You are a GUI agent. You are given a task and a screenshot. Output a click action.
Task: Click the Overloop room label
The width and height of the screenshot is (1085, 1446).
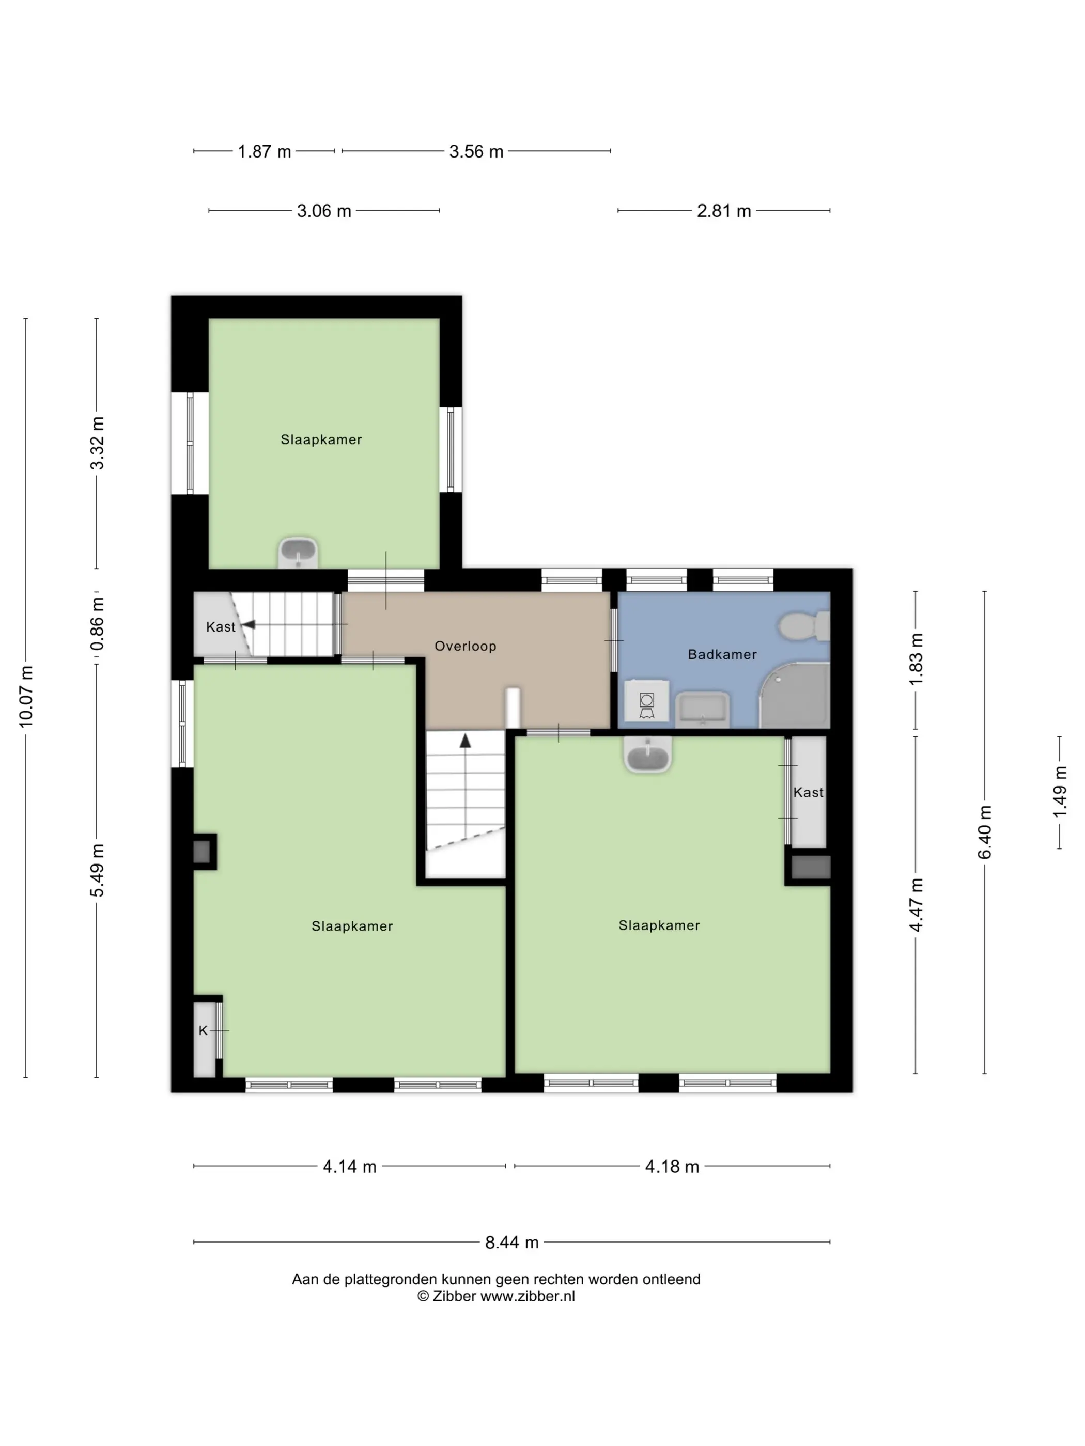coord(465,646)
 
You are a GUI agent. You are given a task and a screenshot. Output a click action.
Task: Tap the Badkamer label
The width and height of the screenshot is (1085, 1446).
coord(722,654)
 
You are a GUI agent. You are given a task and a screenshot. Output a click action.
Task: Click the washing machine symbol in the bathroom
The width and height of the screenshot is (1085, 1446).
coord(646,701)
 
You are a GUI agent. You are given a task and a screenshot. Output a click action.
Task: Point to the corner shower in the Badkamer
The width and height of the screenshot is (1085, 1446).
coord(796,696)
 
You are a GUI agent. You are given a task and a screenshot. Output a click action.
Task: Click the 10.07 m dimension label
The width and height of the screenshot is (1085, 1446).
coord(26,696)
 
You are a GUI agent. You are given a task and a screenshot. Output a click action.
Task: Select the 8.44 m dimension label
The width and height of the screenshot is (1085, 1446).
coord(512,1242)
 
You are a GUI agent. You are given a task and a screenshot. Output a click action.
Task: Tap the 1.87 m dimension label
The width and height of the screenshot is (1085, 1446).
coord(264,152)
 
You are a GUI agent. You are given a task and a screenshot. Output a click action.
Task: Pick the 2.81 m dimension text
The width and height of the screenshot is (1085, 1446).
coord(723,211)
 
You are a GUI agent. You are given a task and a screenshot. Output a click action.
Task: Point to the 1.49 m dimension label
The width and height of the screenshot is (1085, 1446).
coord(1060,792)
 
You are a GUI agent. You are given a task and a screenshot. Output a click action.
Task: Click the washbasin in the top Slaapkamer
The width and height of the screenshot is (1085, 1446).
coord(298,553)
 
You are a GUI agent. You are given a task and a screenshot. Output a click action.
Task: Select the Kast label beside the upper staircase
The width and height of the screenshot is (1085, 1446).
coord(221,627)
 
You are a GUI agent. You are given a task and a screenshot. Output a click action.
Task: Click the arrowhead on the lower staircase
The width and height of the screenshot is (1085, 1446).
coord(465,741)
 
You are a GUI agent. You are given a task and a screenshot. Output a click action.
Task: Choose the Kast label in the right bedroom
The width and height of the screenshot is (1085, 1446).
coord(809,792)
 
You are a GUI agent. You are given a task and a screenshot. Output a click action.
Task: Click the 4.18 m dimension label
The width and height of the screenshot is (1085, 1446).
coord(672,1167)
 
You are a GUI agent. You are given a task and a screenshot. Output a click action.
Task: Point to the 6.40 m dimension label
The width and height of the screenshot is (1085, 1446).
coord(985,833)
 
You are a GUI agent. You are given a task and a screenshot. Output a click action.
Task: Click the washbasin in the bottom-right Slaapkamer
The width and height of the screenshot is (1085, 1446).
coord(647,757)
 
